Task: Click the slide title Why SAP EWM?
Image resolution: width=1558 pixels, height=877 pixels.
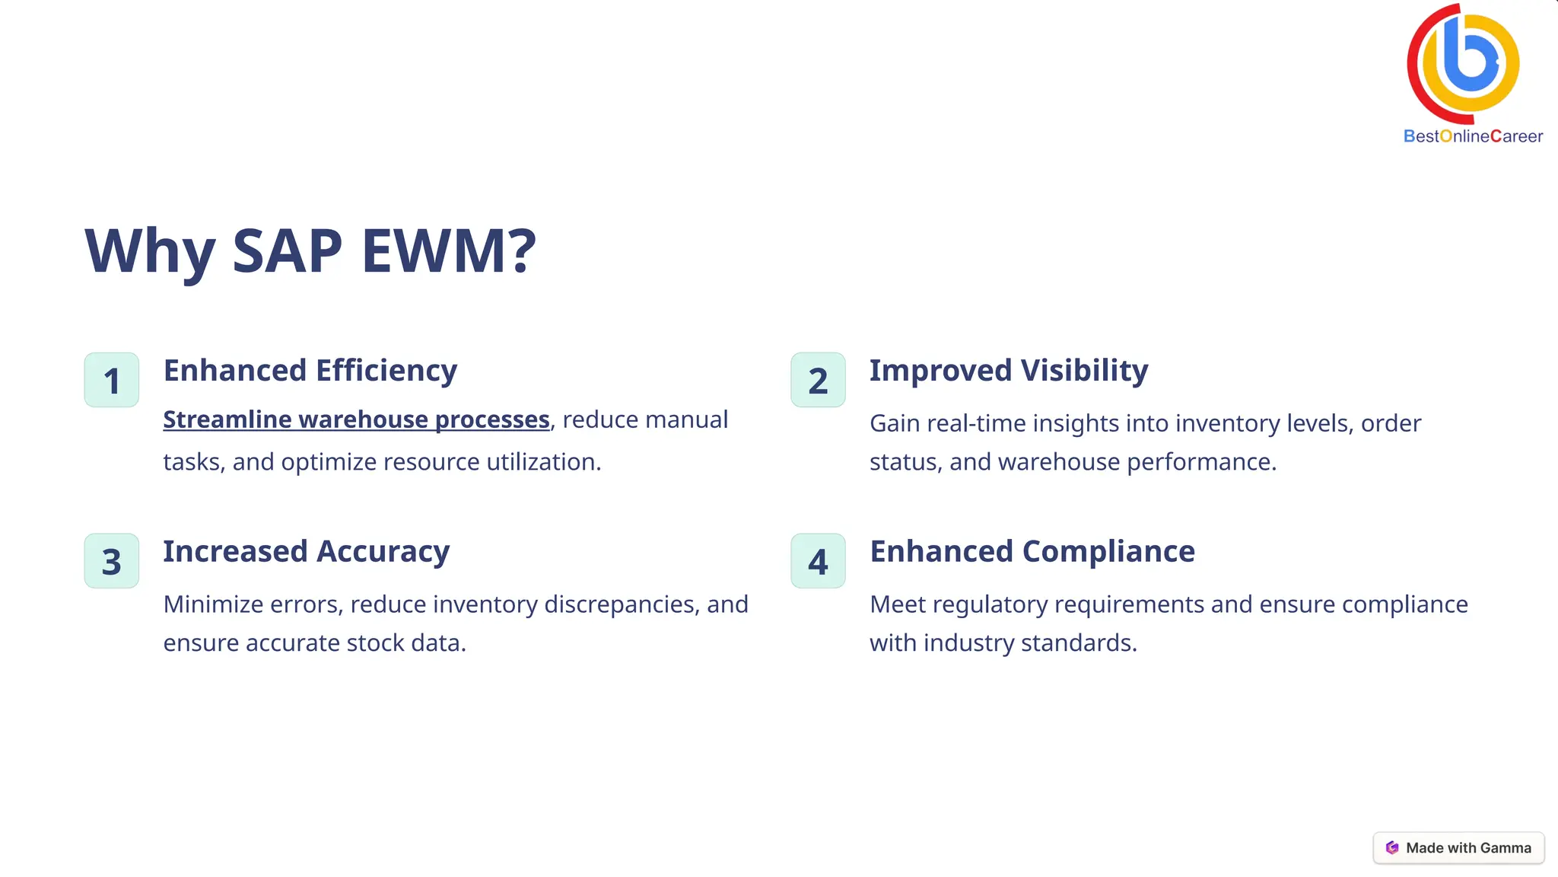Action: click(x=310, y=250)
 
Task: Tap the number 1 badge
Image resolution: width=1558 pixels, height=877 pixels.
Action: click(x=112, y=380)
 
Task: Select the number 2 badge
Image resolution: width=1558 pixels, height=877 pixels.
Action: click(x=818, y=380)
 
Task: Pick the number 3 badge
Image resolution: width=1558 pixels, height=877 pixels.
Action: click(x=112, y=561)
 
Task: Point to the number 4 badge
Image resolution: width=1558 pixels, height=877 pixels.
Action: click(x=818, y=561)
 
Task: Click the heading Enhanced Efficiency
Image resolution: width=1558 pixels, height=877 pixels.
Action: click(x=310, y=371)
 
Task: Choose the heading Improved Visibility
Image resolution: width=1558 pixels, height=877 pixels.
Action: click(x=1009, y=371)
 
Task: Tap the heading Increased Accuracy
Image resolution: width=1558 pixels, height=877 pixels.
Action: click(x=307, y=552)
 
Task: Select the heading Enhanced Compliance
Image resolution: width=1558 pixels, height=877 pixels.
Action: click(x=1032, y=552)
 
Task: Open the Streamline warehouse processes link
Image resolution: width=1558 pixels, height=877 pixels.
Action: click(x=356, y=419)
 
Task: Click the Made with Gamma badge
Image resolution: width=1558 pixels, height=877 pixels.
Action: click(x=1458, y=848)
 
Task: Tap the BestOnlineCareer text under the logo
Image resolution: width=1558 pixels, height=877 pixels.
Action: click(x=1473, y=136)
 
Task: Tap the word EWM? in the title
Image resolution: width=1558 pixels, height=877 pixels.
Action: click(x=449, y=250)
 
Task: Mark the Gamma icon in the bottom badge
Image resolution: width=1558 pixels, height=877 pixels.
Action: click(x=1392, y=848)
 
